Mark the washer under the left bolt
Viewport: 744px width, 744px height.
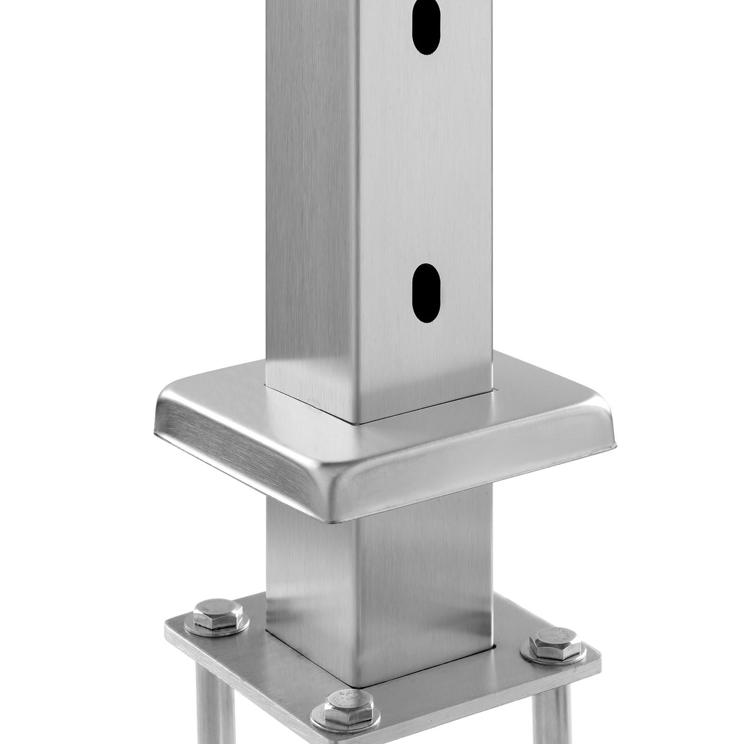point(192,627)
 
